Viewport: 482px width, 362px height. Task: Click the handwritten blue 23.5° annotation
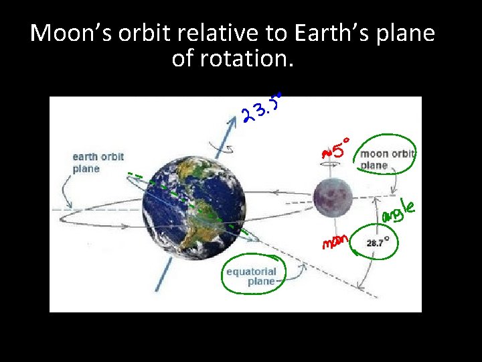262,107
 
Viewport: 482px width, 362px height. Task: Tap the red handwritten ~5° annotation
337,152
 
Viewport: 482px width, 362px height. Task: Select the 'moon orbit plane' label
388,160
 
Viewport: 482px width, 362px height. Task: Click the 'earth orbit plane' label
98,163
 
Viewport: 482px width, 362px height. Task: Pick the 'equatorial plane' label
250,276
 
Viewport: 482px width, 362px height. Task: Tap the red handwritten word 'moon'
335,241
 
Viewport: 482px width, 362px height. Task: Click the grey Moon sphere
333,195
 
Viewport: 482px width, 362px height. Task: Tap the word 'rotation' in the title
255,59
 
